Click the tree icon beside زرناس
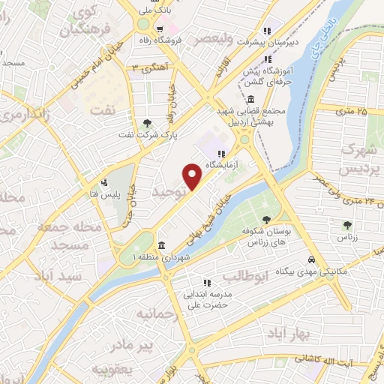click(347, 225)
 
